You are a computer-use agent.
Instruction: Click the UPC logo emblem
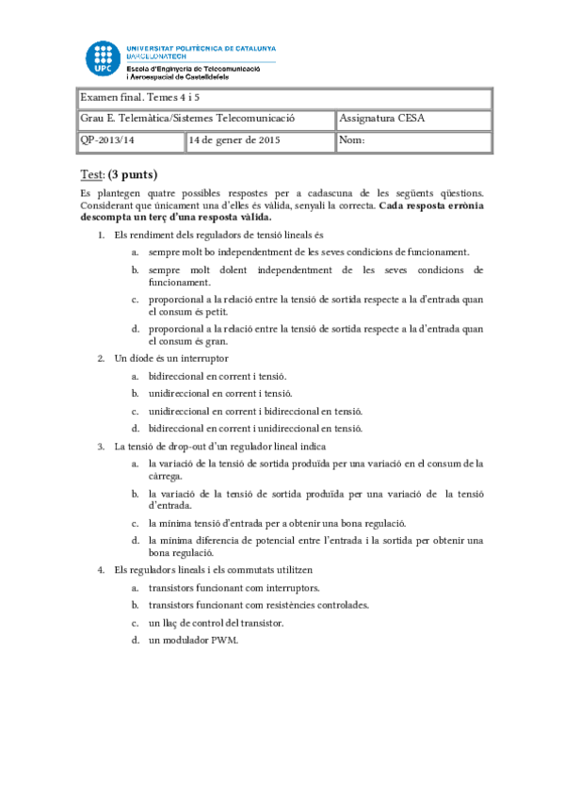tap(103, 58)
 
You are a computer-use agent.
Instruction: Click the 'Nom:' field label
tap(352, 141)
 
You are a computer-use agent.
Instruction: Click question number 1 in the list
tap(102, 234)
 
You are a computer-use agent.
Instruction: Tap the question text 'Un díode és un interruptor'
tap(170, 358)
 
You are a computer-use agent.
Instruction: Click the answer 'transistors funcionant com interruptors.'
tap(234, 588)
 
